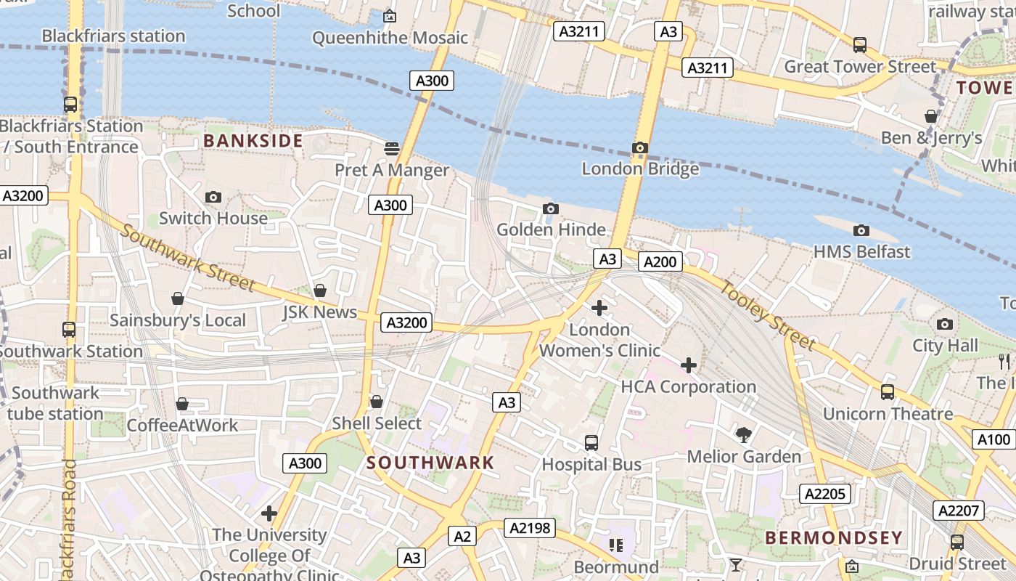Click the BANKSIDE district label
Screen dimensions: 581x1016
click(253, 141)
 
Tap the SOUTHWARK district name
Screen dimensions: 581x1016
click(430, 463)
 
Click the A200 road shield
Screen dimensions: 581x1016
click(660, 262)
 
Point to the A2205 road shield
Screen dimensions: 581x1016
click(825, 494)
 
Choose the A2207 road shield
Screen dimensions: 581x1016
click(959, 511)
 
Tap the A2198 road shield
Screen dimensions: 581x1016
click(528, 528)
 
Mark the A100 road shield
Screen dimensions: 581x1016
click(994, 439)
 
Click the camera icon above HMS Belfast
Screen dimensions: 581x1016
click(861, 231)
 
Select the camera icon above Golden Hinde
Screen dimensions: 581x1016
click(551, 209)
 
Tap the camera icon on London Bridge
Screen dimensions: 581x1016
click(639, 148)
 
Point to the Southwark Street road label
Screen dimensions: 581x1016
click(188, 258)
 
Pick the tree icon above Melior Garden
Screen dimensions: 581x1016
click(743, 435)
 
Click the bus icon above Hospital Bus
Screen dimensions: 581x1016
click(591, 443)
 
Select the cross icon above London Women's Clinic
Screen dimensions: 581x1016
click(599, 308)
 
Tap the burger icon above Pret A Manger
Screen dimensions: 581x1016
click(392, 149)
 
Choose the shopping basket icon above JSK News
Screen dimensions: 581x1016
click(320, 291)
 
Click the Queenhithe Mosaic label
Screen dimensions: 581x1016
click(390, 38)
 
